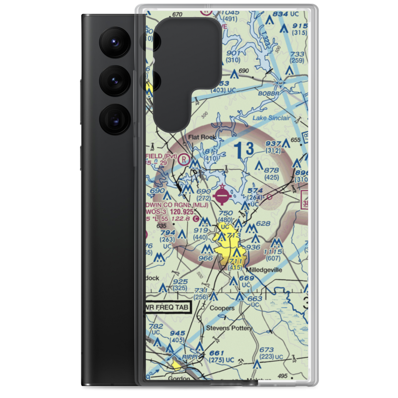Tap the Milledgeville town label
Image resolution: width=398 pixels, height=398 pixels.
[x=266, y=270]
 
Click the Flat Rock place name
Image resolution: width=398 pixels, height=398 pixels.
[x=202, y=137]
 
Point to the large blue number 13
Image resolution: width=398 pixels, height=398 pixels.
[x=244, y=150]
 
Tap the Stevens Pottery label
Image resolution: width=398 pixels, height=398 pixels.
[x=229, y=328]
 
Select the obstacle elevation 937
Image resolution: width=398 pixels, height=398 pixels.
[x=273, y=144]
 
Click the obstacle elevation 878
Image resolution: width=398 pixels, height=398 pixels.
[x=271, y=170]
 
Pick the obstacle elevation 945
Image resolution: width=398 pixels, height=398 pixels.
[x=177, y=333]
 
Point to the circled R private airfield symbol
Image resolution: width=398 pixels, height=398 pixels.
[x=184, y=159]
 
